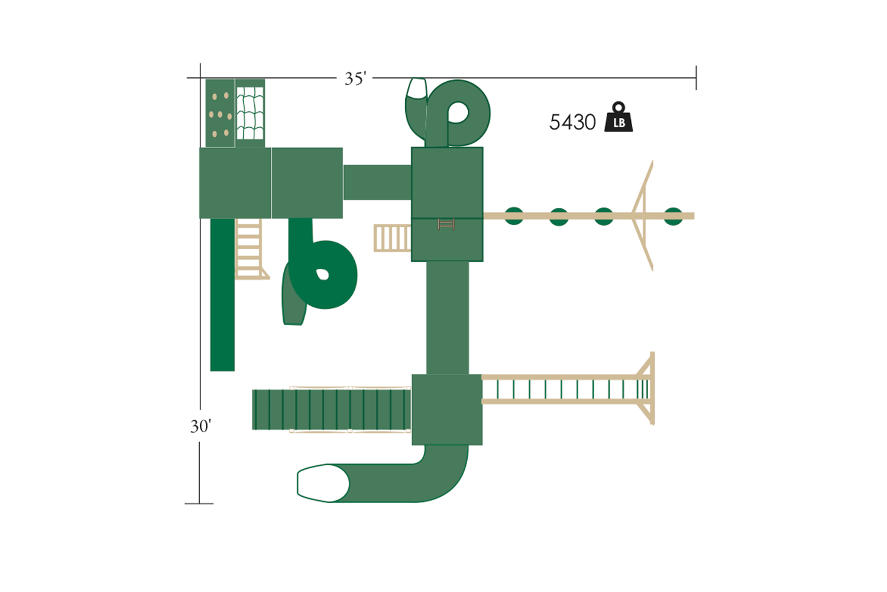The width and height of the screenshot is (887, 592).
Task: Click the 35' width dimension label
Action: (355, 79)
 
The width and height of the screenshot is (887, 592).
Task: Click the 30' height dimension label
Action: (200, 426)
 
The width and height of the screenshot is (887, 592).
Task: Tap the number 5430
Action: (572, 123)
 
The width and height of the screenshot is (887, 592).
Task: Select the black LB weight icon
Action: (618, 118)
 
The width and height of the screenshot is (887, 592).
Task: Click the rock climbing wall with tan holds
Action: (220, 114)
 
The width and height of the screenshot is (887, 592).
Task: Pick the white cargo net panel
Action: (250, 114)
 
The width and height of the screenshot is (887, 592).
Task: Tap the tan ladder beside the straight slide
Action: (249, 249)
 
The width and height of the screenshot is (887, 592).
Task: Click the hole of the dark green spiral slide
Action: (322, 274)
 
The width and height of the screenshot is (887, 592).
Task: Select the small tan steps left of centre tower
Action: (392, 238)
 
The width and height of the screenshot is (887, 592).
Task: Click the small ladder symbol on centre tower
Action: (446, 224)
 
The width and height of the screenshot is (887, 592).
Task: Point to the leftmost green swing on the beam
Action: (514, 216)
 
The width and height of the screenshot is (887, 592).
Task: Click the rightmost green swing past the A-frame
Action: (673, 216)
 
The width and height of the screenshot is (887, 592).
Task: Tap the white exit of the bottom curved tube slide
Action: (322, 483)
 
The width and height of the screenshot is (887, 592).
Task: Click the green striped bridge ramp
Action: (331, 410)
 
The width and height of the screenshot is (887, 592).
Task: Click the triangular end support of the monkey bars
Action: (647, 389)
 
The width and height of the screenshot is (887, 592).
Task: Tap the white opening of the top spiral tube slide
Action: (417, 88)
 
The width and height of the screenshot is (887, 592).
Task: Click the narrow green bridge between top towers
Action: (377, 182)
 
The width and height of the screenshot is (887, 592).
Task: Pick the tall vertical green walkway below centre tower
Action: (448, 318)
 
